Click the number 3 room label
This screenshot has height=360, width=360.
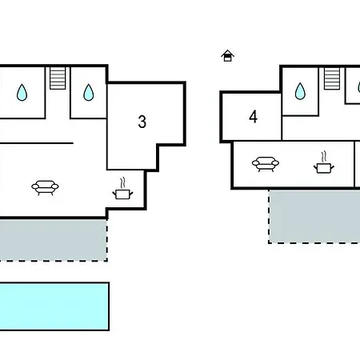click(142, 122)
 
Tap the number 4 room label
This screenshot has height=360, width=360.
click(253, 117)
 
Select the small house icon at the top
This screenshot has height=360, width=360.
click(227, 56)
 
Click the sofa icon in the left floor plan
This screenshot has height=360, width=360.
click(45, 188)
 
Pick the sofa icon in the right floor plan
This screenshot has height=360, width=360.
click(266, 164)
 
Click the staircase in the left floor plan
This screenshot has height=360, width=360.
click(58, 78)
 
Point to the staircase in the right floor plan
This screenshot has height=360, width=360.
click(332, 78)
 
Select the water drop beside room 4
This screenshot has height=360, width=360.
click(300, 91)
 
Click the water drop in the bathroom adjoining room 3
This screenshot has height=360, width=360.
click(89, 92)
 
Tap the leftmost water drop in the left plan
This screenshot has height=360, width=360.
click(22, 92)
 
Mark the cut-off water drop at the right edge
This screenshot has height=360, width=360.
click(358, 87)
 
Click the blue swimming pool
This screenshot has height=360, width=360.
click(54, 306)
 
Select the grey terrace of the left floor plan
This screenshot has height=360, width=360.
click(54, 240)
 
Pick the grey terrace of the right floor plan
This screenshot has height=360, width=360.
click(314, 217)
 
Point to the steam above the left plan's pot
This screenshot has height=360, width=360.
click(122, 183)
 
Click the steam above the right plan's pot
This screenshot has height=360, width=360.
click(324, 157)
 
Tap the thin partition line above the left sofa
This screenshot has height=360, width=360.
click(37, 143)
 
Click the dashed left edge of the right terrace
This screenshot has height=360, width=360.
click(269, 217)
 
